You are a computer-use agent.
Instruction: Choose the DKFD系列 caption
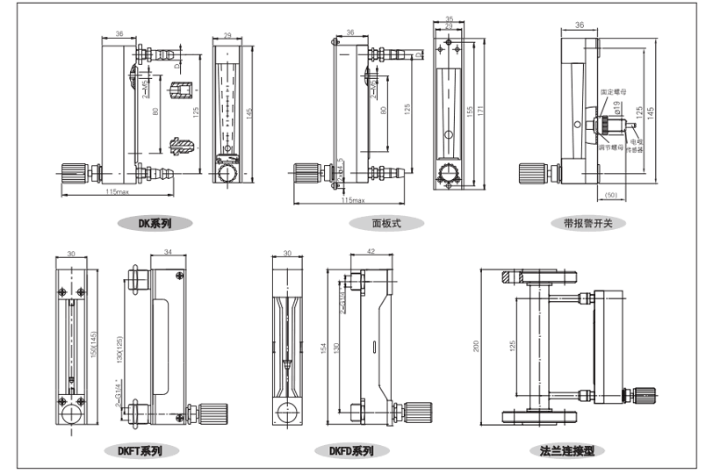click(351, 451)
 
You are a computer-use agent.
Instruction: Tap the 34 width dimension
click(169, 252)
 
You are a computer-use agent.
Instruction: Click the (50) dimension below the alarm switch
click(611, 194)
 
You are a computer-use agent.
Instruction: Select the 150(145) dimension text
click(94, 346)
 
